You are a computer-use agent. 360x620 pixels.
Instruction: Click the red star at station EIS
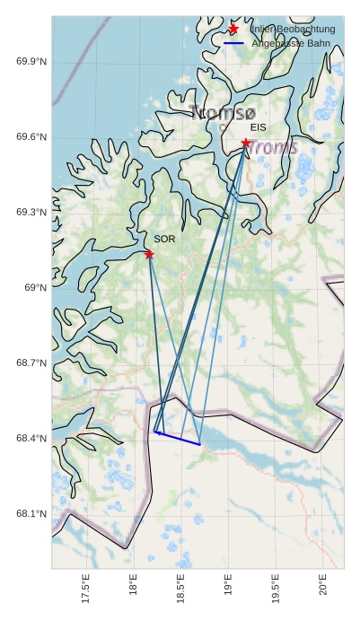point(245,143)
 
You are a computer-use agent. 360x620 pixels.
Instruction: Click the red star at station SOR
point(149,255)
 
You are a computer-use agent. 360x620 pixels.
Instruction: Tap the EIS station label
point(259,127)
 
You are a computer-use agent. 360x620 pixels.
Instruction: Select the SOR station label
point(164,240)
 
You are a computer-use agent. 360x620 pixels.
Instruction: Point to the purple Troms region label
point(273,147)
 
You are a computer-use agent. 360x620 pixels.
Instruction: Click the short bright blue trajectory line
point(178,439)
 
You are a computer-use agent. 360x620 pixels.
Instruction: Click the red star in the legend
point(233,30)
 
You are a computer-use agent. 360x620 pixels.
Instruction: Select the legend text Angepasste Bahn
point(292,43)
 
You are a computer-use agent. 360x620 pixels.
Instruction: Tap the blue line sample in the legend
point(233,43)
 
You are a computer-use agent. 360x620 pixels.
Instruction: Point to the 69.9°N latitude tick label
point(31,61)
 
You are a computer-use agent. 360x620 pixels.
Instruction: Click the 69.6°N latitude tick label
point(31,136)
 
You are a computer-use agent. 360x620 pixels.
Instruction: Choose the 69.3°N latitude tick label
point(31,212)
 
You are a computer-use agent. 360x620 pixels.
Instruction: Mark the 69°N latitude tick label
point(35,287)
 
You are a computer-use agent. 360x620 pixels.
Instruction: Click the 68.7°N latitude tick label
point(31,362)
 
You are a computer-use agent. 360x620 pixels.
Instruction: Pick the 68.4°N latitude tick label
point(31,438)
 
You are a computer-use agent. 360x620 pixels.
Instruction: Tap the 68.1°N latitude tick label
point(31,513)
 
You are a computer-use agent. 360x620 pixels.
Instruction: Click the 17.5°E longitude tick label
point(86,590)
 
